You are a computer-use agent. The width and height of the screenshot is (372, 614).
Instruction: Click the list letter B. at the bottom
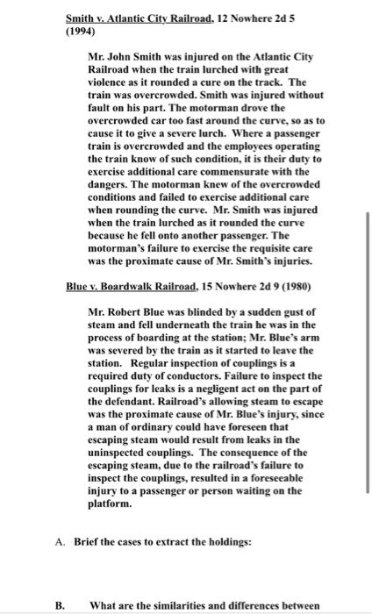click(x=60, y=603)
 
